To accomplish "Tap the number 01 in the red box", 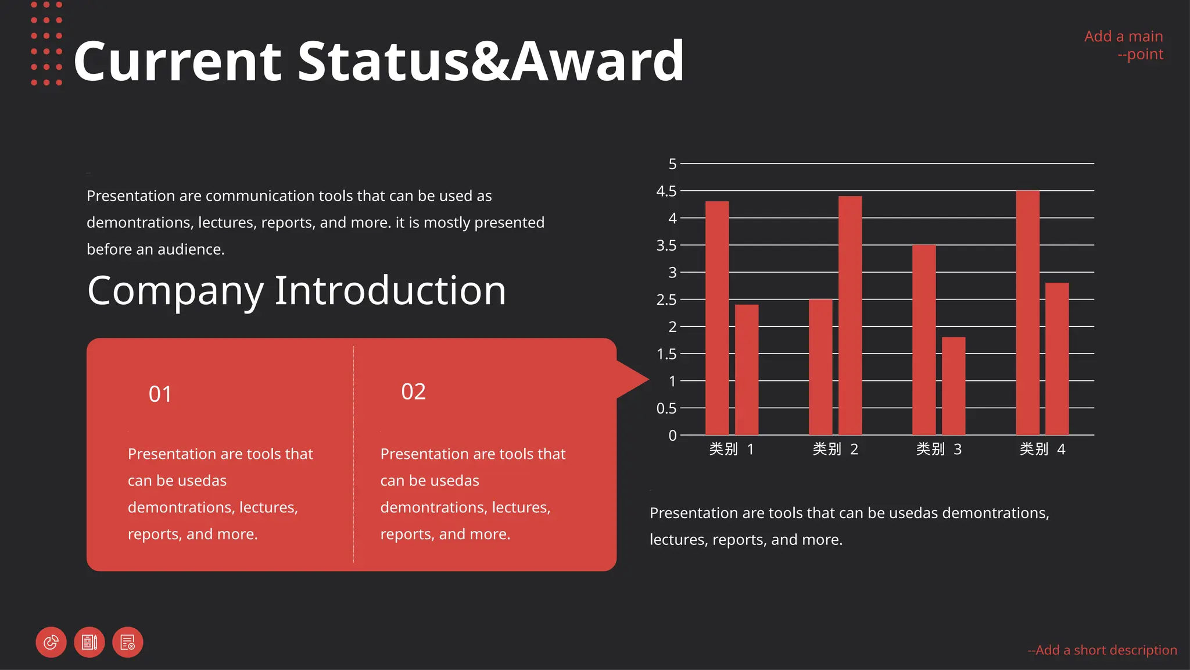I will tap(160, 394).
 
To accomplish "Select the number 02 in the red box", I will tap(413, 391).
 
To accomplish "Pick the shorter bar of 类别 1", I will tap(747, 369).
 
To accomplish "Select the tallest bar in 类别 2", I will tap(850, 315).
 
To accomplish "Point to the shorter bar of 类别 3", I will tap(954, 386).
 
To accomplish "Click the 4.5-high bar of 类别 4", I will tap(1027, 312).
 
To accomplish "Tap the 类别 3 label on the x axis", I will tap(939, 449).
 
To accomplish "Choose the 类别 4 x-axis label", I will tap(1042, 449).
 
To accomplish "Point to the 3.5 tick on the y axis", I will tap(666, 245).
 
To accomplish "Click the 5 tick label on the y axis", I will tap(672, 164).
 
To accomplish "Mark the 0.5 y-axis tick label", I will tap(666, 408).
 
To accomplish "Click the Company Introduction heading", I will tap(296, 290).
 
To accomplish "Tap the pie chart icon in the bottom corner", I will tap(51, 642).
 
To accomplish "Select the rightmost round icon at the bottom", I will tap(128, 642).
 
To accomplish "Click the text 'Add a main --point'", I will tap(1124, 45).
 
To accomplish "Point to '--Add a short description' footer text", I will tap(1102, 650).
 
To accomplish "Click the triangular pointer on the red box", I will tap(632, 379).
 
